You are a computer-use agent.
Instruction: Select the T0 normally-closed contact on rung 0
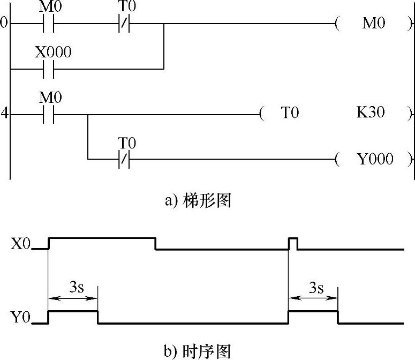pos(124,24)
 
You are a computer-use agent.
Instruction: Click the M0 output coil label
pos(374,24)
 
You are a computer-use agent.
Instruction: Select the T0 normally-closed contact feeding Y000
pos(124,159)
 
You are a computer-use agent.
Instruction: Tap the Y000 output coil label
pos(375,159)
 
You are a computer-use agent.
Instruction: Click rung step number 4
pos(4,114)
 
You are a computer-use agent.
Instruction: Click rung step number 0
pos(4,24)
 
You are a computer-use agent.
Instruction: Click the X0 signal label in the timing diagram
pos(22,245)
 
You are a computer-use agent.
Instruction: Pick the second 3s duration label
pos(316,288)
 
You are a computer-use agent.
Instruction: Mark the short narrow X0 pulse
pos(293,243)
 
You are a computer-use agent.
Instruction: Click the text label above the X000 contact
pos(53,52)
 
